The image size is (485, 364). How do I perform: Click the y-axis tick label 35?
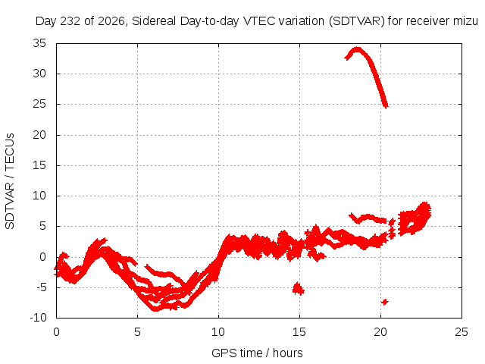pos(39,43)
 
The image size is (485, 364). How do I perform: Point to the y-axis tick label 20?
pos(39,135)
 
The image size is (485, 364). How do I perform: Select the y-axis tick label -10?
pos(38,318)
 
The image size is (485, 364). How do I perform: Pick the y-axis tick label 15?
pos(39,165)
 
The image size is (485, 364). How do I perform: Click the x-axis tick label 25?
pos(462,332)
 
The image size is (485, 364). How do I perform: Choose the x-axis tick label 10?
pos(218,332)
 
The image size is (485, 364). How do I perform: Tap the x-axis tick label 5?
pos(137,332)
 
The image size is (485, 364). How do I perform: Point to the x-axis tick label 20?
pos(380,332)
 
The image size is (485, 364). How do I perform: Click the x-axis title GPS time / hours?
pos(257,353)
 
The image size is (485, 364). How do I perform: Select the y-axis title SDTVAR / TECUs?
pos(10,181)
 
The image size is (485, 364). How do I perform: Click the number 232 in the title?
pos(70,21)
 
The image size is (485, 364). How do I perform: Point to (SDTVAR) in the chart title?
pos(357,21)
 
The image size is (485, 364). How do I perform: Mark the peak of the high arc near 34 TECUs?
pos(357,49)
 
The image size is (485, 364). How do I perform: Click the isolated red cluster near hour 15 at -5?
pos(298,289)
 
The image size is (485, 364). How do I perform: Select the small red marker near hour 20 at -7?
pos(385,302)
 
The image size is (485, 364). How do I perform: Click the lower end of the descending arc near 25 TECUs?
pos(386,106)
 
